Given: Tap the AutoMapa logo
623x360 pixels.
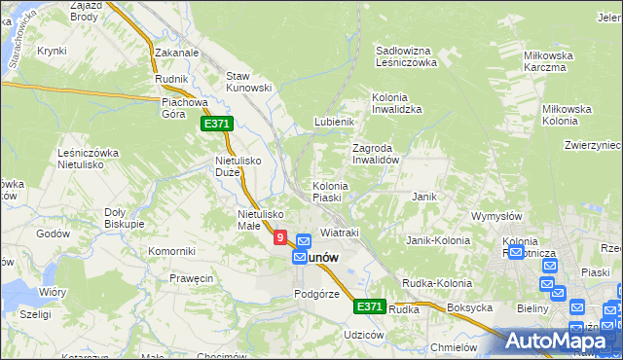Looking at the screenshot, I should (564, 341).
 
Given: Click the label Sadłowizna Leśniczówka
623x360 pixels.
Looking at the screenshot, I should (408, 55).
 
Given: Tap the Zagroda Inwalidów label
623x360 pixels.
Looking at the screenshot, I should (376, 154).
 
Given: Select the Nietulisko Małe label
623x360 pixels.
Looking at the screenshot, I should (260, 220).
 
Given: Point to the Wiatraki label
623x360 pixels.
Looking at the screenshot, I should (340, 234).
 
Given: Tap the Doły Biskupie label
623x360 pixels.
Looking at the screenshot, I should (124, 218).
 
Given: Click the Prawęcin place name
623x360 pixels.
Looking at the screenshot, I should (190, 278).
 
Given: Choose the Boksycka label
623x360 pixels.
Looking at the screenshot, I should (471, 307).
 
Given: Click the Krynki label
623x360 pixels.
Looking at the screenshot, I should (51, 51).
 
